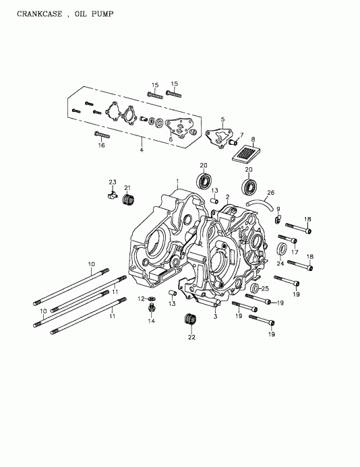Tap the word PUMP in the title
click(102, 14)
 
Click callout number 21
click(127, 187)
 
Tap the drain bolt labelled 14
click(152, 309)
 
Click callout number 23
click(113, 182)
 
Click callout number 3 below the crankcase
click(215, 315)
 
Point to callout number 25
click(265, 289)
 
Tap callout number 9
click(278, 209)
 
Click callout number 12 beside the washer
click(142, 298)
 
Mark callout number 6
click(171, 139)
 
